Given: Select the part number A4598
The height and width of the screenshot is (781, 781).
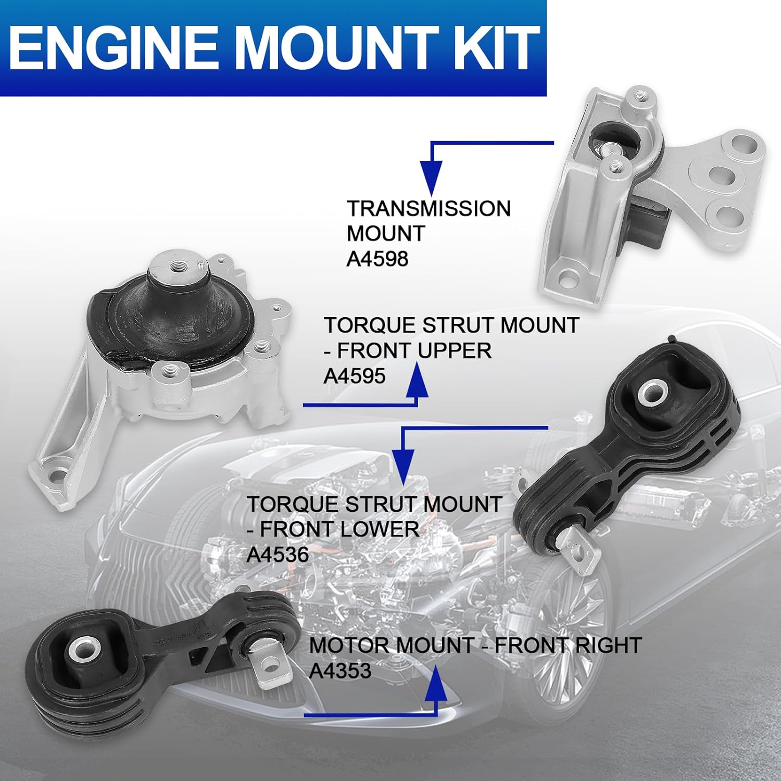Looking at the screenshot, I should point(377,258).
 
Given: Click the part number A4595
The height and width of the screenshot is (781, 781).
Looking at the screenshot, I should point(355,375).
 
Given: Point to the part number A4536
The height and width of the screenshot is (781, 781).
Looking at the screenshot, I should point(278,555).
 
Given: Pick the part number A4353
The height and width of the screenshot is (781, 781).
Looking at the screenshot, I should point(340,671).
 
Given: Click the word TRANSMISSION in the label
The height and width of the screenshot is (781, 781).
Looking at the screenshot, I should point(429,209).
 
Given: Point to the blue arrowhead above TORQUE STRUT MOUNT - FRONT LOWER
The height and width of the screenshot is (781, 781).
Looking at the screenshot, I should point(401,462).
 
